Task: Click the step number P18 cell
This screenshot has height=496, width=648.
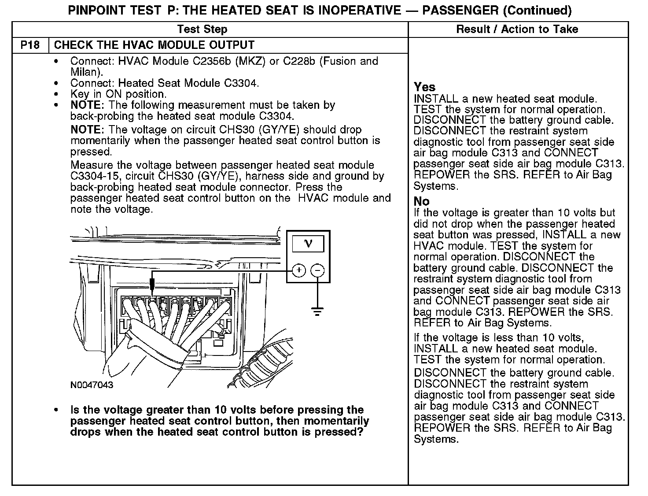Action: (30, 45)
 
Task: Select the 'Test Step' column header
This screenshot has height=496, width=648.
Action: (202, 30)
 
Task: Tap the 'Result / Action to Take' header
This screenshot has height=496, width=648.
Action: (517, 30)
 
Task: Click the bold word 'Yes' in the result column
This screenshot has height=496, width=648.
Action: (424, 87)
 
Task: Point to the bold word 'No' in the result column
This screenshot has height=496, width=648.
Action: (421, 201)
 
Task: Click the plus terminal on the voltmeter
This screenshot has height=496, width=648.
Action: (298, 270)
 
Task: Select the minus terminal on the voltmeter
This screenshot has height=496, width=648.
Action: (318, 270)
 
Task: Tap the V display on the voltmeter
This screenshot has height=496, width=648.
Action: (308, 244)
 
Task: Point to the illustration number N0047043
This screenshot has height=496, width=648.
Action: (92, 385)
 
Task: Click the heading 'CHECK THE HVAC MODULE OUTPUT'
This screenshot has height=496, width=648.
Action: (154, 45)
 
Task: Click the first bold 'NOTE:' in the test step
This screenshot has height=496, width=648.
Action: (87, 105)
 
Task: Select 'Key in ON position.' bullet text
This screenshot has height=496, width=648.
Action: (118, 94)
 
